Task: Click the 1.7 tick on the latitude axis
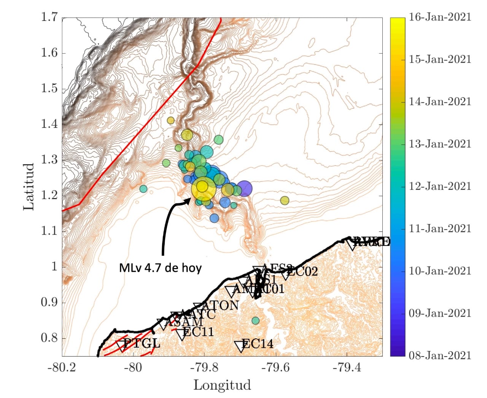(x=49, y=17)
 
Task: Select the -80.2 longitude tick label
(x=62, y=368)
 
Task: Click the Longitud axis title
(x=222, y=385)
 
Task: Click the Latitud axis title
(x=29, y=186)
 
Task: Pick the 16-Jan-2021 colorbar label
(x=440, y=17)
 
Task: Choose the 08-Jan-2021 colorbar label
(x=440, y=356)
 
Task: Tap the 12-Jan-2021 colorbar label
(x=440, y=186)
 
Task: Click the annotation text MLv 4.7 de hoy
(x=160, y=268)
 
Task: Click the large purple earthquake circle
(x=245, y=189)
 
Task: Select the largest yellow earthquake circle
(x=204, y=188)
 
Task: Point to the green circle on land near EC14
(x=256, y=320)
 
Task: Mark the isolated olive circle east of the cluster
(x=285, y=200)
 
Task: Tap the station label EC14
(x=258, y=344)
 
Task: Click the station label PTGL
(x=142, y=343)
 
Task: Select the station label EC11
(x=198, y=332)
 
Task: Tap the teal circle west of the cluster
(x=143, y=189)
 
